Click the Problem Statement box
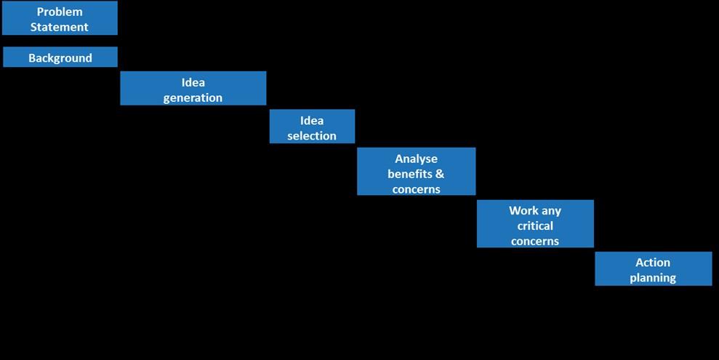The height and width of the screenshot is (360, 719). [x=60, y=18]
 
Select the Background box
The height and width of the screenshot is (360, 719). [x=60, y=57]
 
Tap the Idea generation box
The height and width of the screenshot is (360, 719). [x=193, y=89]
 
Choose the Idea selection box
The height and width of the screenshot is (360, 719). [x=312, y=127]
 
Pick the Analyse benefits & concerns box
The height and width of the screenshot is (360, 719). [x=416, y=172]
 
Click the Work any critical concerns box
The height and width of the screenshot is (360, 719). [x=535, y=224]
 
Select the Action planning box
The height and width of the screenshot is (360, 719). [x=653, y=269]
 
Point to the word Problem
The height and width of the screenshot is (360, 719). [x=60, y=12]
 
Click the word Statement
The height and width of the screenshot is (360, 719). [x=60, y=27]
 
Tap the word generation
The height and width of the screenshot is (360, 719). [x=193, y=97]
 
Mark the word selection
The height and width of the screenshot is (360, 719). [x=312, y=135]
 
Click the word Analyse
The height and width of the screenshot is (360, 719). [x=416, y=159]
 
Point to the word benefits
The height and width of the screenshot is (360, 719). [x=410, y=174]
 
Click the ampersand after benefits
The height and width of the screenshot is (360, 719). [x=440, y=174]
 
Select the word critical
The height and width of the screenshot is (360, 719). [x=535, y=225]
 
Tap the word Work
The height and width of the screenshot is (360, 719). [x=523, y=211]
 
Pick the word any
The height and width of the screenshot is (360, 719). [x=551, y=211]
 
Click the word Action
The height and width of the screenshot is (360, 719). [x=653, y=262]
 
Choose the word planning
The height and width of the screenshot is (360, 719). [x=653, y=278]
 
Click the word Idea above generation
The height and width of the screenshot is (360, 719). [x=193, y=82]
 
